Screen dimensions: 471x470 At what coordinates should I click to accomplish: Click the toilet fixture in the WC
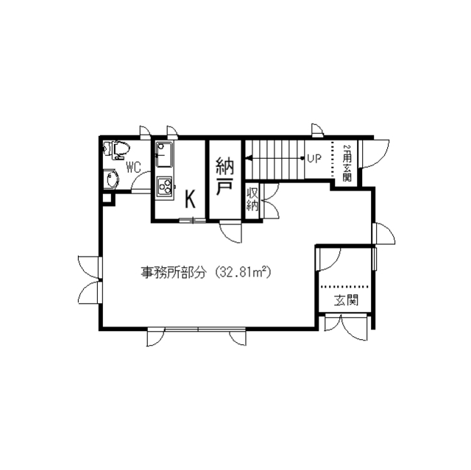tap(116, 150)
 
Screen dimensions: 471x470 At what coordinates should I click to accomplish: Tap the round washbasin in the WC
tap(111, 179)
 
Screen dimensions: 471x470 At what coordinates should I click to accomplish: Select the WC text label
tap(133, 168)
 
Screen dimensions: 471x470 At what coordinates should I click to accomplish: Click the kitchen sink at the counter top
tap(164, 155)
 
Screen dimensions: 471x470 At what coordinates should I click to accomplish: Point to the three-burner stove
tap(164, 187)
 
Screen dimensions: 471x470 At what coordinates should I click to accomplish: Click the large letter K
tap(190, 199)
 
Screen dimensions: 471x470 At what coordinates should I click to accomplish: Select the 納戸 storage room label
tap(224, 177)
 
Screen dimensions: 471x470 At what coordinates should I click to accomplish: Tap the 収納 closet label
tap(252, 200)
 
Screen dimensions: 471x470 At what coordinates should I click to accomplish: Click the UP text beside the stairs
tap(314, 157)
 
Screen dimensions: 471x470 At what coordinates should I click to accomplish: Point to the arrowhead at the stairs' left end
tap(249, 157)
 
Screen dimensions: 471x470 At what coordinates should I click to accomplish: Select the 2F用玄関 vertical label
tap(347, 163)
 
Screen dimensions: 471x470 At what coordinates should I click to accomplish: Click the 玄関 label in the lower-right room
tap(347, 299)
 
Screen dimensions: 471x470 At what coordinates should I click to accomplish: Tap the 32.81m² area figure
tap(243, 272)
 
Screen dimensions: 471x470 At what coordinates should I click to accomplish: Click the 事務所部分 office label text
tap(174, 273)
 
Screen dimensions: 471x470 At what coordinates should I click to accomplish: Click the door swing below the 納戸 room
tap(230, 232)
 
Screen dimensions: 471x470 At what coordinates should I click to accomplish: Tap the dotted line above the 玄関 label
tap(344, 286)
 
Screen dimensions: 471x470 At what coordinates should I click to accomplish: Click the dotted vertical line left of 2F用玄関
tap(332, 159)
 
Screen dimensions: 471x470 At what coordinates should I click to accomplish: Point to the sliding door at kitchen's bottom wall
tap(192, 220)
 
